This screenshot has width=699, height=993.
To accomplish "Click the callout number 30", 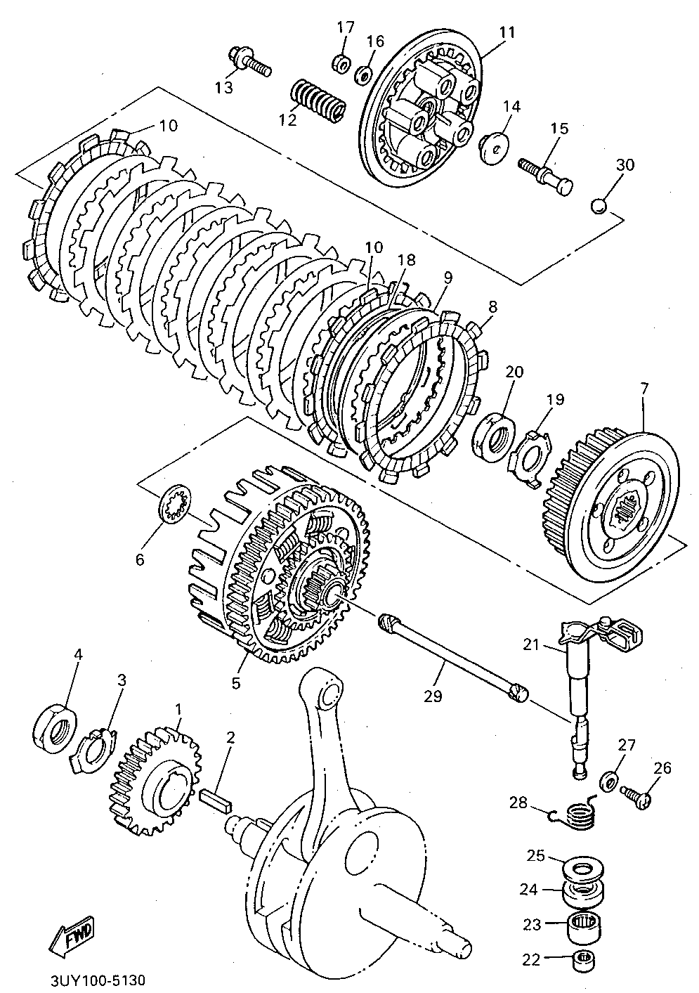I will click(625, 164).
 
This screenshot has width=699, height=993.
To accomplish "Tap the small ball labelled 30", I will click(599, 207).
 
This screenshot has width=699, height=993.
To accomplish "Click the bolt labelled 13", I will click(248, 62).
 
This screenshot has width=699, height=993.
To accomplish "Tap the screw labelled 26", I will click(635, 796).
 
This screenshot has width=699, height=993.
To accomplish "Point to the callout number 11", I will click(507, 32).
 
